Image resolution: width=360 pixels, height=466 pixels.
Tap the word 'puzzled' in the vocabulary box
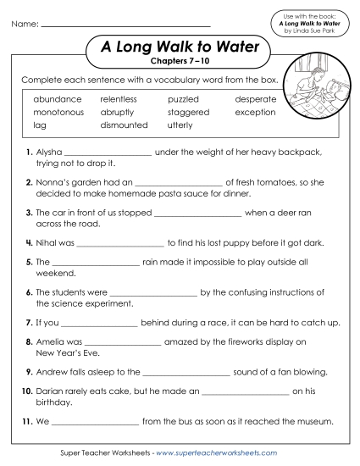point(183,99)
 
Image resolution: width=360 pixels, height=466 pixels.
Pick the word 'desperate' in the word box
point(255,99)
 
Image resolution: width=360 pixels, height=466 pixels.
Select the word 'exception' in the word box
point(255,112)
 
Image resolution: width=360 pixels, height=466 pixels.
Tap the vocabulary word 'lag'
point(40,125)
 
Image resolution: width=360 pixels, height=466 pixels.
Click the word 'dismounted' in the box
point(124,125)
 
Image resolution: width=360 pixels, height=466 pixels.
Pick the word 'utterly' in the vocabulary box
point(180,125)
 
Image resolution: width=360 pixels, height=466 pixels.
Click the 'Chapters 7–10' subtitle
point(179,62)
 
